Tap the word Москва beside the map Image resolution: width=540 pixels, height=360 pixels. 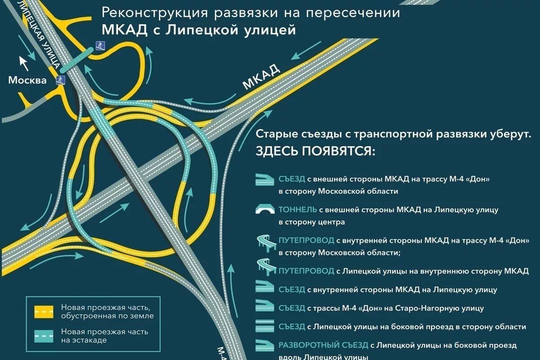27,81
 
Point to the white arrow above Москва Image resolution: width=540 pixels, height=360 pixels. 24,63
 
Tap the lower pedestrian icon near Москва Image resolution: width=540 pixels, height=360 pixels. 61,80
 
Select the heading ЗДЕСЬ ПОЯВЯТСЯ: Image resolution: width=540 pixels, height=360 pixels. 315,151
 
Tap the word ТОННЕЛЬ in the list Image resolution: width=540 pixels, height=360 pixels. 297,210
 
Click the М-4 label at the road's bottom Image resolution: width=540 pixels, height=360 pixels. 222,351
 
